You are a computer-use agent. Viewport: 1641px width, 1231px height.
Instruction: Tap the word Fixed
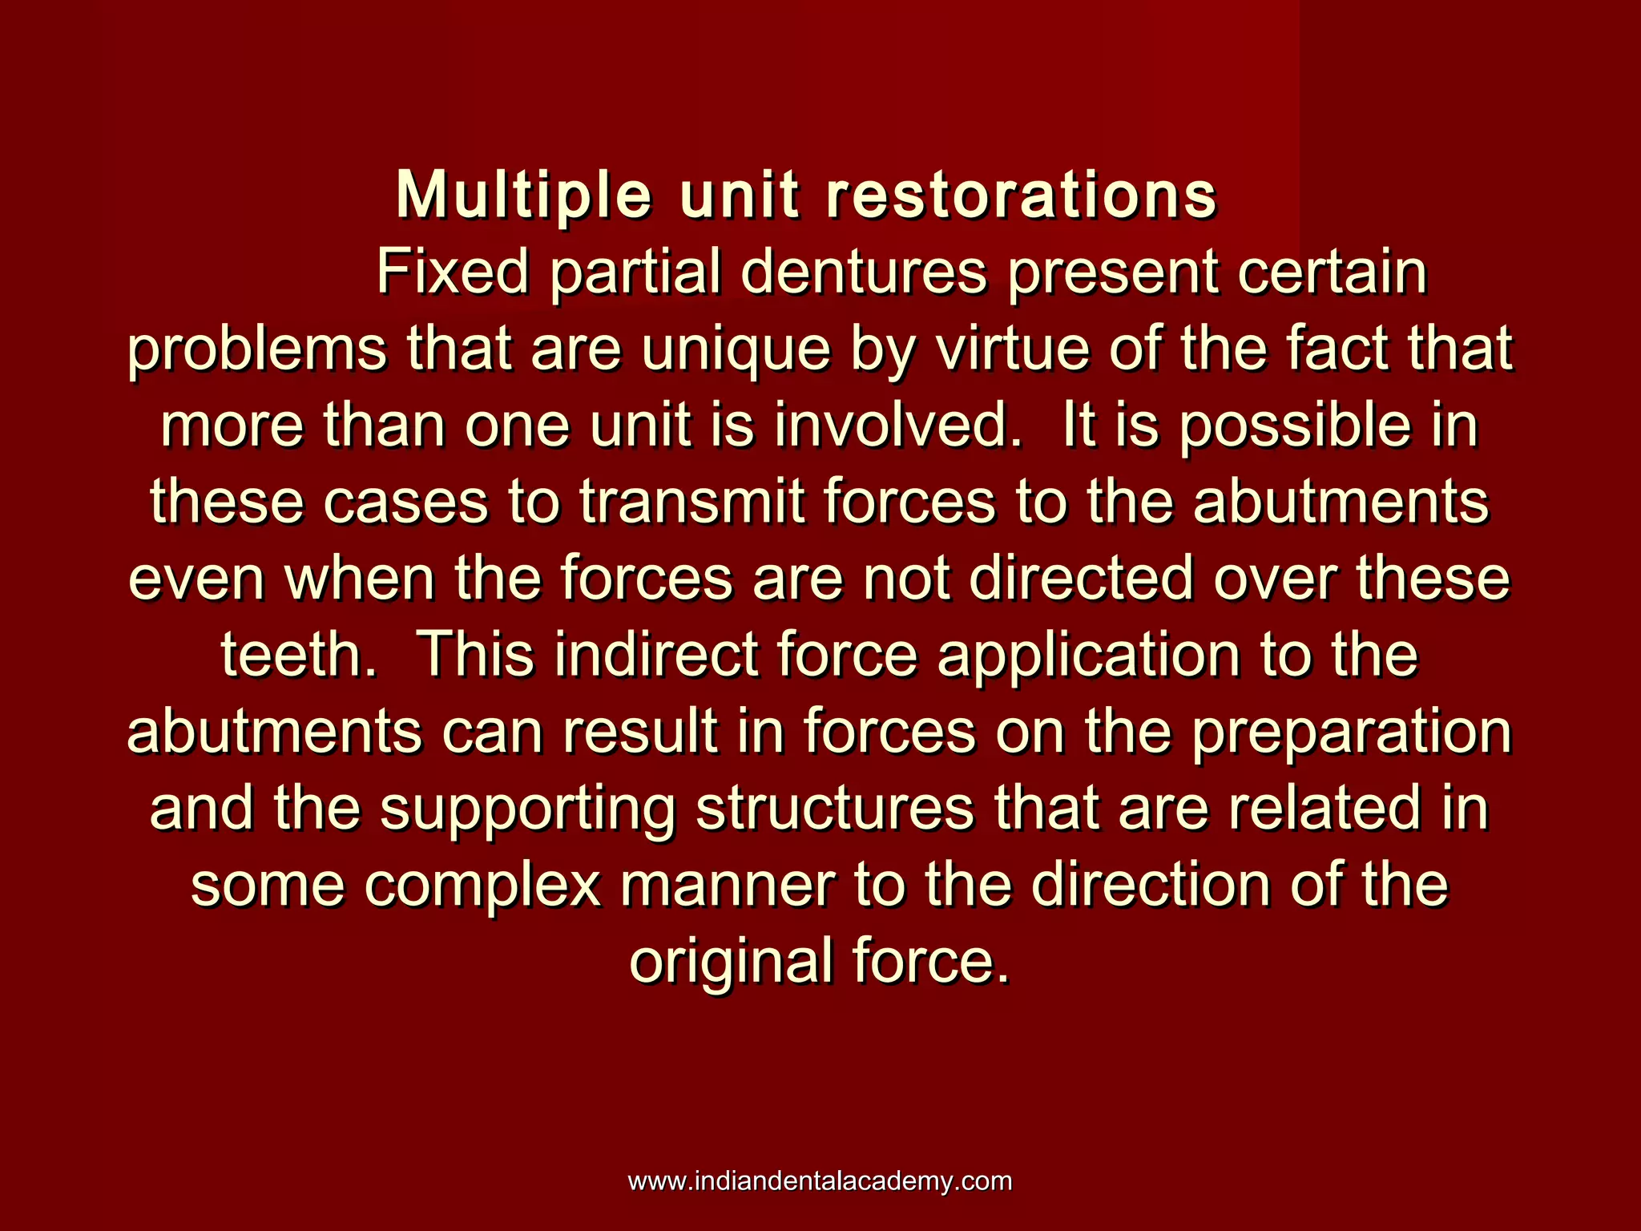[452, 273]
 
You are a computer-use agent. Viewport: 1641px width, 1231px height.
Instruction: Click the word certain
[1332, 273]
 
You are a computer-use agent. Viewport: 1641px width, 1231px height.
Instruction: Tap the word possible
[1295, 427]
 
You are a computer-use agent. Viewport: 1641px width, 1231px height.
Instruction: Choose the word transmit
[692, 502]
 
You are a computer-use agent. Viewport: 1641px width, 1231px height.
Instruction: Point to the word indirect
[655, 656]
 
